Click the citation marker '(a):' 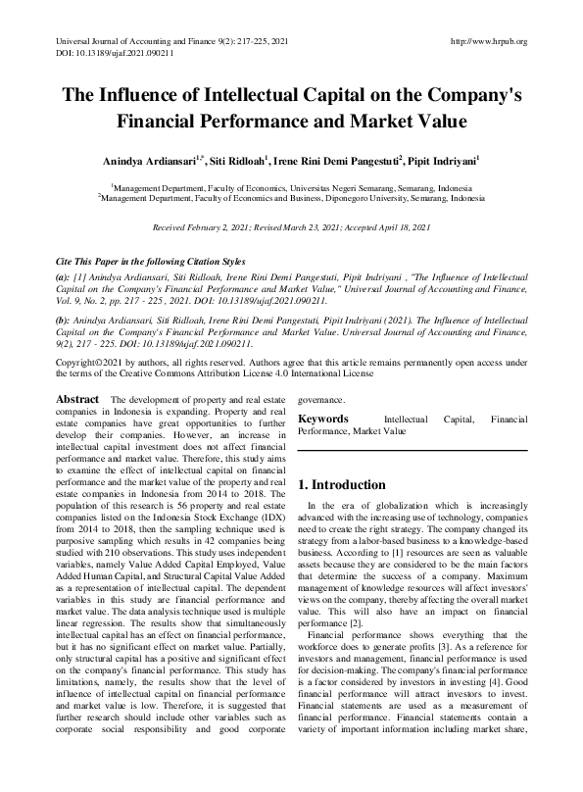pos(65,279)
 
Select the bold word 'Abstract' pos(77,400)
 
